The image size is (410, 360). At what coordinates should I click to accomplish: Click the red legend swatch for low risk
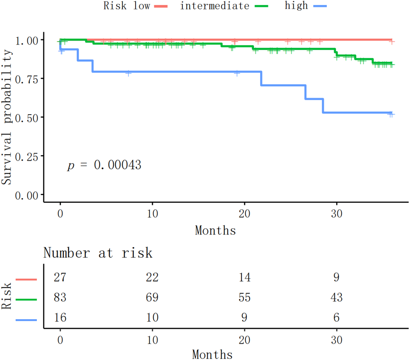pyautogui.click(x=161, y=6)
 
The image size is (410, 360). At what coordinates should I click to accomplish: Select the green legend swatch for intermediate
pyautogui.click(x=261, y=6)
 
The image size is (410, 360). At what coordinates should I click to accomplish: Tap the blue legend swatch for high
pyautogui.click(x=320, y=6)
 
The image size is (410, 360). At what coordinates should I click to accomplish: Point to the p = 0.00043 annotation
pyautogui.click(x=104, y=165)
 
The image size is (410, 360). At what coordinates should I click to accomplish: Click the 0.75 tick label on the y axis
pyautogui.click(x=26, y=79)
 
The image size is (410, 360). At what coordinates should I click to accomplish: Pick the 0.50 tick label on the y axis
pyautogui.click(x=26, y=118)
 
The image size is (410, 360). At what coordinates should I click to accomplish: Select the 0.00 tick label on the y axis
pyautogui.click(x=26, y=196)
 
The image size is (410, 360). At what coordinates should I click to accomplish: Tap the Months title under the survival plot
pyautogui.click(x=215, y=230)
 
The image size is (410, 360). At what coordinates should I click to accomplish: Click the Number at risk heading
pyautogui.click(x=98, y=253)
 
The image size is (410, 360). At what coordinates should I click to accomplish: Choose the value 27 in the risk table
pyautogui.click(x=60, y=277)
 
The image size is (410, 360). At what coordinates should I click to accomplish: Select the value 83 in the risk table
pyautogui.click(x=60, y=297)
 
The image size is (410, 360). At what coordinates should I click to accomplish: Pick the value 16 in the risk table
pyautogui.click(x=60, y=317)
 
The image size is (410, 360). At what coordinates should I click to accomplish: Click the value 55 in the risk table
pyautogui.click(x=244, y=297)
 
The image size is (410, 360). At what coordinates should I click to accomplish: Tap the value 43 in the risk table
pyautogui.click(x=336, y=297)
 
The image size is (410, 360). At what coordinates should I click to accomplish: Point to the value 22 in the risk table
pyautogui.click(x=152, y=277)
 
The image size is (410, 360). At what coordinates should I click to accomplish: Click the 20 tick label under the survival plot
pyautogui.click(x=244, y=214)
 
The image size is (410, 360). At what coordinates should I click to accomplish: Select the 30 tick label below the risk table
pyautogui.click(x=336, y=340)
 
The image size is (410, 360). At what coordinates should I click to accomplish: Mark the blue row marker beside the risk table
pyautogui.click(x=26, y=320)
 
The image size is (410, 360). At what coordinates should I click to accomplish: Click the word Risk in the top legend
pyautogui.click(x=115, y=6)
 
